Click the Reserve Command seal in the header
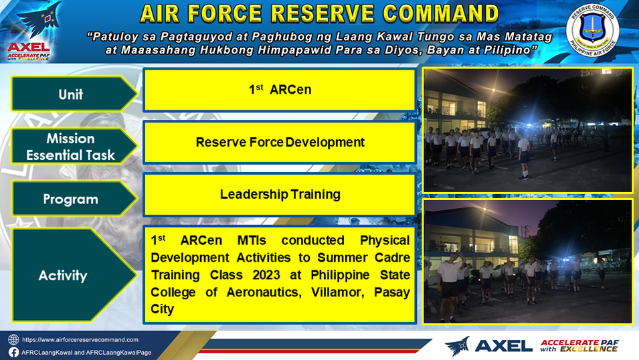click(x=593, y=30)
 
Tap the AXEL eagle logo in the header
click(x=29, y=31)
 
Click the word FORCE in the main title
click(x=225, y=13)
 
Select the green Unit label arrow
click(x=74, y=94)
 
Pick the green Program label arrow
click(x=74, y=199)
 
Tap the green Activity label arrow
click(x=74, y=275)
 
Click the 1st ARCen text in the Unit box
click(x=280, y=89)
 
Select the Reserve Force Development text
click(x=280, y=142)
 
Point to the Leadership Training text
click(x=280, y=195)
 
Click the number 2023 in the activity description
click(x=266, y=275)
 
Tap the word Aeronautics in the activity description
click(x=264, y=292)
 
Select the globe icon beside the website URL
click(x=13, y=340)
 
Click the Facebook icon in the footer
click(x=13, y=352)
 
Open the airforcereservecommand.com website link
click(x=80, y=340)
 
